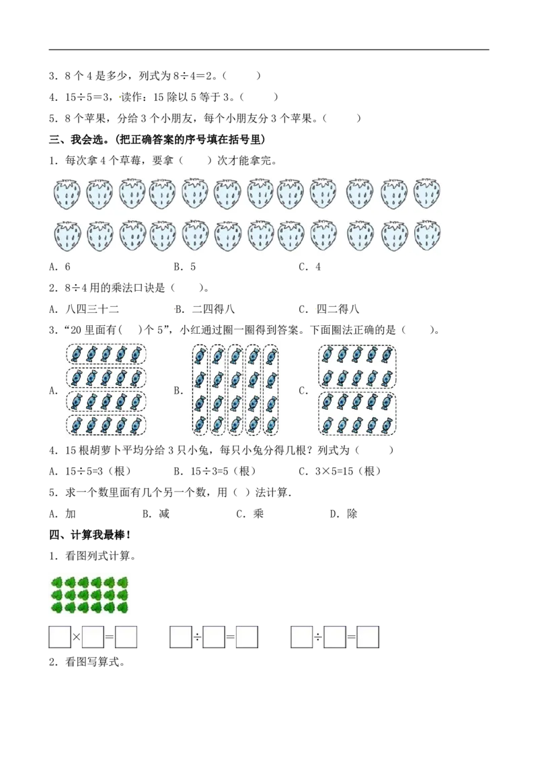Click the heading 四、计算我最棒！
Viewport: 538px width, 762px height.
90,535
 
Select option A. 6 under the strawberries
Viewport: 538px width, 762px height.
60,267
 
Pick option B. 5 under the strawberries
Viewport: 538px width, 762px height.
185,267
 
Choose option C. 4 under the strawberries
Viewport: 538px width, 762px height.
310,267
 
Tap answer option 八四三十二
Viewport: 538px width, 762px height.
92,309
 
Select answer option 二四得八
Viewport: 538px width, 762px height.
213,309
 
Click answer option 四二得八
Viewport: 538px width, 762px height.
338,309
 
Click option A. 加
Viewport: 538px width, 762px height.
63,514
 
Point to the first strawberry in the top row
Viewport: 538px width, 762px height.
67,194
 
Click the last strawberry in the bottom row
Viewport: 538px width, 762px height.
427,236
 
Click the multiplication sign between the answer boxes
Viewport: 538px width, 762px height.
76,637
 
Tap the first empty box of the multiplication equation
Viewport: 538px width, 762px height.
60,637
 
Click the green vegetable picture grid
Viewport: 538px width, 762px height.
89,595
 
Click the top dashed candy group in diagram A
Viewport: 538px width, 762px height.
106,354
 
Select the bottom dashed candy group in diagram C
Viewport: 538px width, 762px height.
357,413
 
